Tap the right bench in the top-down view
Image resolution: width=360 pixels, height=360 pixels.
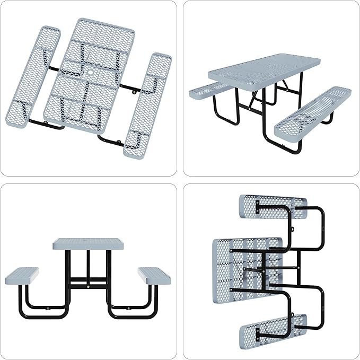tap(148, 103)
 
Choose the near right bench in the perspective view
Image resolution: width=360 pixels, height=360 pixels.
tap(313, 111)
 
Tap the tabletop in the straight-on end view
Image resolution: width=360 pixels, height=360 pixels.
tap(87, 244)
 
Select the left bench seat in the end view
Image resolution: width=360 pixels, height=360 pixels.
tap(22, 276)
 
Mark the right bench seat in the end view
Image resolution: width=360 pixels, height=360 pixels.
tap(154, 276)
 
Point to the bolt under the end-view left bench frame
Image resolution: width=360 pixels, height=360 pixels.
tap(46, 306)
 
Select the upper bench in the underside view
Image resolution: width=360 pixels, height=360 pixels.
tap(271, 206)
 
